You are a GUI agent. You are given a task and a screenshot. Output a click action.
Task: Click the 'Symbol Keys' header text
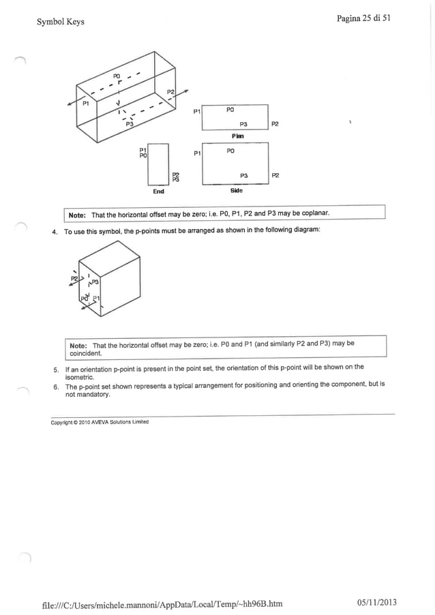click(61, 22)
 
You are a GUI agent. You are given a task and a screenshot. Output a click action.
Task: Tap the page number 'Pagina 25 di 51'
click(363, 18)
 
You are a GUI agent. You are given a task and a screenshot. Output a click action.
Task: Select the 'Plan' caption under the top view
click(237, 136)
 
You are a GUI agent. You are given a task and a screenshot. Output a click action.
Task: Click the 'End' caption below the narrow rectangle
click(158, 192)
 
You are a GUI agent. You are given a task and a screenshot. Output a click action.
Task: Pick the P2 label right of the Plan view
click(275, 124)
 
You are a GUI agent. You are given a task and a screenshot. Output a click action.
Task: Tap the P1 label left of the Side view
click(196, 153)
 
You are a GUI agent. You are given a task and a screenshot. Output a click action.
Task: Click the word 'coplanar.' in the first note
click(314, 214)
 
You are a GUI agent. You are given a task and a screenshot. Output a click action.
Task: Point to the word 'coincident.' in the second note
click(85, 353)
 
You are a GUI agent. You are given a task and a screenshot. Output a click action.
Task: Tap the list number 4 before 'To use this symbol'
click(55, 232)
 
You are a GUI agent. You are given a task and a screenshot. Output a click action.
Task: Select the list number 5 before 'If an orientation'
click(55, 367)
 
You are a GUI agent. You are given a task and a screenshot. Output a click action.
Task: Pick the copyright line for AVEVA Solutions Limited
click(100, 422)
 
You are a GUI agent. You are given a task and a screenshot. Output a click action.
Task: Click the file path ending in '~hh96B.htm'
click(160, 603)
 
